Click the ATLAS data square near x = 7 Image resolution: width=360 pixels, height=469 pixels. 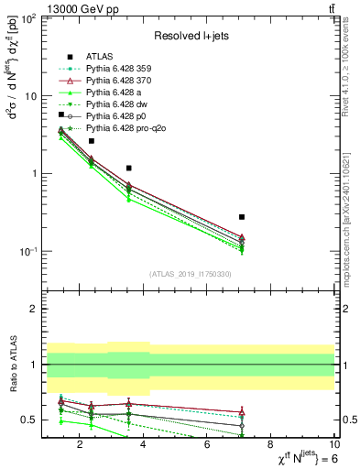(242, 217)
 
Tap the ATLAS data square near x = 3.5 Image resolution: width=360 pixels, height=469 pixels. (129, 169)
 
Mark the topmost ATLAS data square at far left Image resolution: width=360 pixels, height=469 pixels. (61, 115)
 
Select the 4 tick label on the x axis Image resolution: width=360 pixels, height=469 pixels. (144, 446)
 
